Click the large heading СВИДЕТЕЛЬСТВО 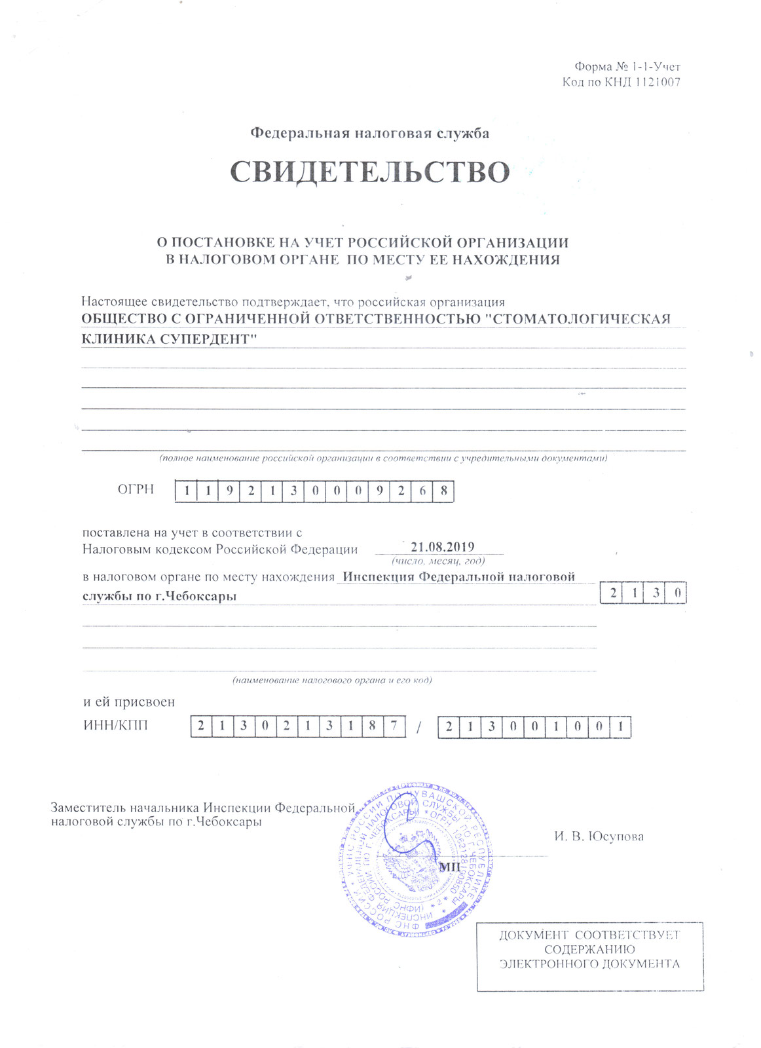[x=370, y=172]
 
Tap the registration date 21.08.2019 [x=442, y=548]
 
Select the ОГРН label [x=136, y=489]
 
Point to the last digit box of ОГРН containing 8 [x=443, y=491]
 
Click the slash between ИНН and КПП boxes [x=420, y=727]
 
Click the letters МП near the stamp [x=449, y=867]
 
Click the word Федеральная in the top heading [x=300, y=134]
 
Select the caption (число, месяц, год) [x=438, y=561]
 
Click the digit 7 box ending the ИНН [x=393, y=726]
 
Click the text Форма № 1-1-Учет [x=627, y=67]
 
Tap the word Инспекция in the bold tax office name [x=379, y=577]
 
